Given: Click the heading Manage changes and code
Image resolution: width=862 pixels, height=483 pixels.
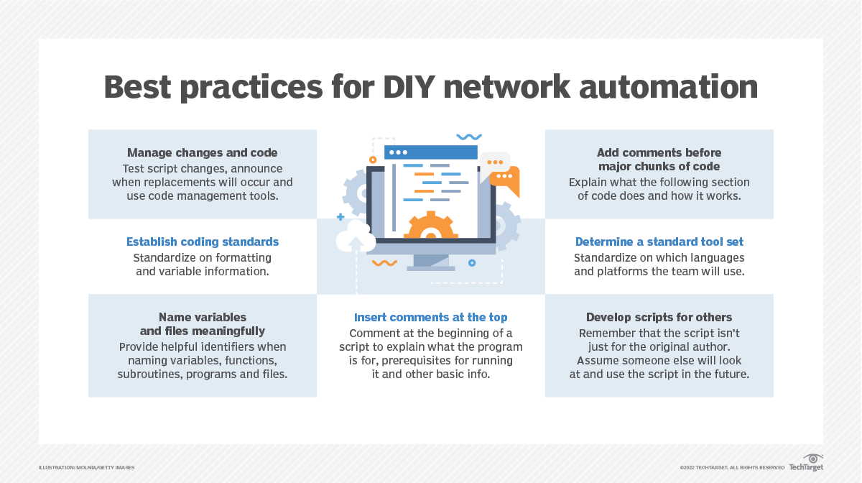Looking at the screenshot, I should pyautogui.click(x=202, y=152).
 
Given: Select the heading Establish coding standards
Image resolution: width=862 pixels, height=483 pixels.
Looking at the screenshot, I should pyautogui.click(x=203, y=241).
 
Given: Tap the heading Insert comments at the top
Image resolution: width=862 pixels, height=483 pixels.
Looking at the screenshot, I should pyautogui.click(x=431, y=317).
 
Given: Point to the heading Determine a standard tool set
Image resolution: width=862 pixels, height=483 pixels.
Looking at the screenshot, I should pyautogui.click(x=659, y=241).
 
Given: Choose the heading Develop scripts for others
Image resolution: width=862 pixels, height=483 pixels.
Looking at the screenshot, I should pyautogui.click(x=659, y=317).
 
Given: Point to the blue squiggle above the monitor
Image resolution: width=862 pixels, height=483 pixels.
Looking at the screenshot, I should pyautogui.click(x=469, y=137).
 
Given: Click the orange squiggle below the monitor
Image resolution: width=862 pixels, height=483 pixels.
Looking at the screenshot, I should pyautogui.click(x=384, y=263).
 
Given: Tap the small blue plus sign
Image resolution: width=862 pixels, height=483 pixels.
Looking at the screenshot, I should pyautogui.click(x=340, y=216).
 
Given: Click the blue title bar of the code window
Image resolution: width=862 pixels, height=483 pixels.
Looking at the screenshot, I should pyautogui.click(x=431, y=152).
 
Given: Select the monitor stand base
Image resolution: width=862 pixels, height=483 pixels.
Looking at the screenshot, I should pyautogui.click(x=430, y=268).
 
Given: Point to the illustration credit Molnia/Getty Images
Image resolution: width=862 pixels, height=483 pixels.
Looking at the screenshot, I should pyautogui.click(x=87, y=468).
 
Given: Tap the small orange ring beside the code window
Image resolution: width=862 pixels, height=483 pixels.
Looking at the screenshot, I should pyautogui.click(x=373, y=159).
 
